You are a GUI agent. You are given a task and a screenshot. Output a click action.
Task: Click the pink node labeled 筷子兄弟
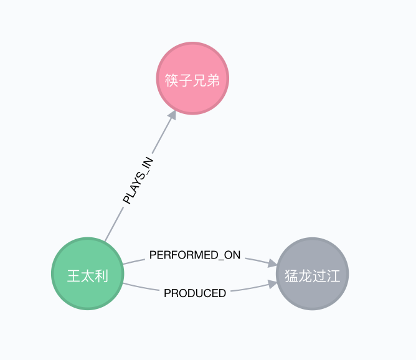[192, 78]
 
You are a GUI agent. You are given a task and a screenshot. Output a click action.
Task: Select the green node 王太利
[87, 274]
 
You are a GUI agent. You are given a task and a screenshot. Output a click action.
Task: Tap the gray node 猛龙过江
[312, 274]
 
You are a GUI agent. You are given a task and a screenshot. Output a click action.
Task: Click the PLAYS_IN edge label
[138, 181]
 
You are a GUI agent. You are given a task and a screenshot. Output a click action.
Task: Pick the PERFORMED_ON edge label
[195, 255]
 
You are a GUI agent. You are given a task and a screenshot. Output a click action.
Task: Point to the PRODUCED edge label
[195, 293]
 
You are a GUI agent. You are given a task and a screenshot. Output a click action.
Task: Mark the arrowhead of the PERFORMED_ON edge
[272, 264]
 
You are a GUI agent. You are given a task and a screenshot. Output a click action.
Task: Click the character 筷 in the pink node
[171, 80]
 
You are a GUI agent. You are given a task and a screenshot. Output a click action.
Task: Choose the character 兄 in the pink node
[199, 80]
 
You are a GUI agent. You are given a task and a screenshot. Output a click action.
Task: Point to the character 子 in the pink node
[185, 80]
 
